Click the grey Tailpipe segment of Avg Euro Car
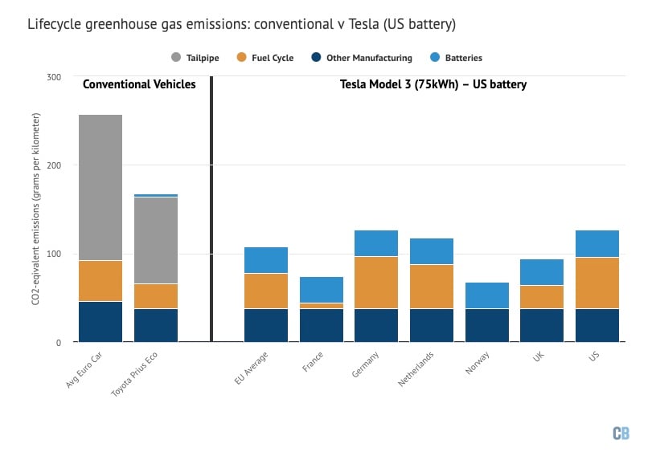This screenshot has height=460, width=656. point(100,187)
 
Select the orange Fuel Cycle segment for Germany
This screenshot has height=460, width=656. point(376,283)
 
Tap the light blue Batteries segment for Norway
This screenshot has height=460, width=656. point(486,295)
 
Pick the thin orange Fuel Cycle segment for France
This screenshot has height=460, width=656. point(322,306)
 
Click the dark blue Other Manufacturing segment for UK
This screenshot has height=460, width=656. point(542,325)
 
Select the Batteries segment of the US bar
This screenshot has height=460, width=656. point(597,243)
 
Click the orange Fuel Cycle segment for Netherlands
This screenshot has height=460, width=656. point(432,287)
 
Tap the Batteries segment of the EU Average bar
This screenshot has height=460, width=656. point(266,260)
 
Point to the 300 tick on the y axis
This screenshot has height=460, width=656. point(54,77)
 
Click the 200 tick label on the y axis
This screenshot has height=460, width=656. point(54,165)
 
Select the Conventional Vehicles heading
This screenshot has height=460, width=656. point(139,84)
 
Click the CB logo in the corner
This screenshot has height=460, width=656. point(621,434)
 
